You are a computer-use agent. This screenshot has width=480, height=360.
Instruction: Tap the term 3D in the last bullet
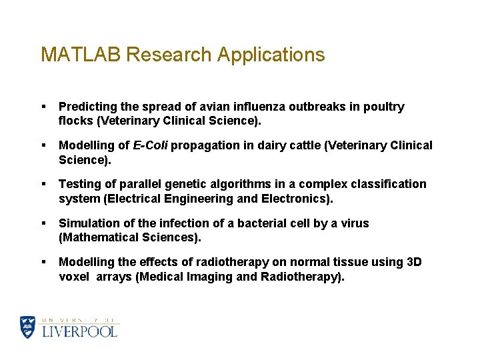[x=413, y=262]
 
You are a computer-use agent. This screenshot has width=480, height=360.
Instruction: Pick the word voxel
[x=74, y=277]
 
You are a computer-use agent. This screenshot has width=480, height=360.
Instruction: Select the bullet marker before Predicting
[x=43, y=107]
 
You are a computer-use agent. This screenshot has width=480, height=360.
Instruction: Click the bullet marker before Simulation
[x=43, y=223]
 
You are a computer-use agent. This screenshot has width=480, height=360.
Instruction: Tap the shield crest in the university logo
[x=27, y=327]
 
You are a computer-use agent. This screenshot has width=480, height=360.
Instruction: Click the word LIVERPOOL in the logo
[x=79, y=331]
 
